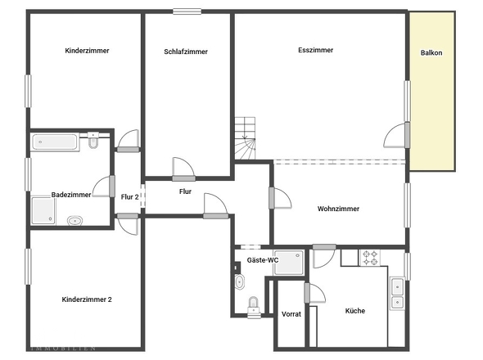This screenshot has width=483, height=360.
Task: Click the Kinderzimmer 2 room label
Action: pyautogui.click(x=86, y=299)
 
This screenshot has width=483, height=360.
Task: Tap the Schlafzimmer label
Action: pyautogui.click(x=186, y=52)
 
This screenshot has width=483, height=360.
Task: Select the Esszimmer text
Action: pyautogui.click(x=315, y=50)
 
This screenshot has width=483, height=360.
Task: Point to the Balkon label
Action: pyautogui.click(x=431, y=53)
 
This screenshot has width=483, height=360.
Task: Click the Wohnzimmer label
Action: pyautogui.click(x=338, y=209)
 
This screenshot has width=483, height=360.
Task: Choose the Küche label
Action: pyautogui.click(x=354, y=311)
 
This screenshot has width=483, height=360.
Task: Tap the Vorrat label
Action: pyautogui.click(x=291, y=314)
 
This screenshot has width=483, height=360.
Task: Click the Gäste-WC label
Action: pyautogui.click(x=263, y=259)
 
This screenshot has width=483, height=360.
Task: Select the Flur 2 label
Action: pyautogui.click(x=129, y=196)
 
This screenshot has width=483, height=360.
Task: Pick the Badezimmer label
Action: pyautogui.click(x=70, y=195)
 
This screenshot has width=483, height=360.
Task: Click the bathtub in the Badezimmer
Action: pyautogui.click(x=56, y=143)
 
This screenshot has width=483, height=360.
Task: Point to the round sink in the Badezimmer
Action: pyautogui.click(x=74, y=220)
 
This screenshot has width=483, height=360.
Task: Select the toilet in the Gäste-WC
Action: pyautogui.click(x=253, y=305)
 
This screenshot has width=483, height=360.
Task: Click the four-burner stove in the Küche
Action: pyautogui.click(x=371, y=257)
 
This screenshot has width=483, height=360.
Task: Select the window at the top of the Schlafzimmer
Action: pyautogui.click(x=187, y=11)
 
